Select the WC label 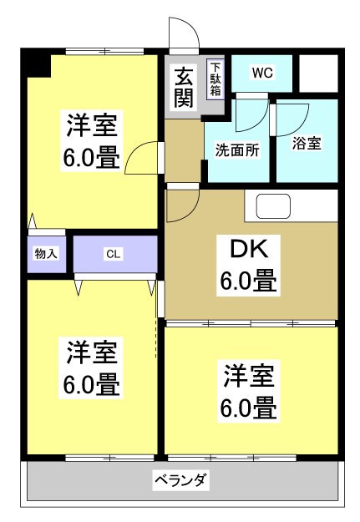261,73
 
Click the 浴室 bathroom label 307,143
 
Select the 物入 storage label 45,252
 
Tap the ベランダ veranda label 180,480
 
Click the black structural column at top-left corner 36,63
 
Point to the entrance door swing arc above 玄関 184,33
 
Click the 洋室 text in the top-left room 94,127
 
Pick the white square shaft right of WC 317,73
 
